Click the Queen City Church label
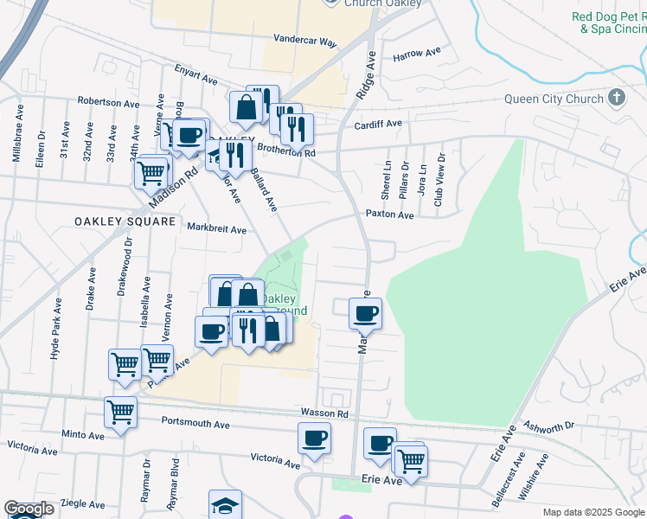click(x=554, y=99)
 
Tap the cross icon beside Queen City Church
click(x=616, y=97)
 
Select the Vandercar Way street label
click(x=304, y=40)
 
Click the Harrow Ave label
click(x=417, y=54)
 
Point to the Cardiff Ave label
click(x=379, y=125)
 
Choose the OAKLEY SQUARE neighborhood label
click(x=113, y=221)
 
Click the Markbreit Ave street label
click(x=217, y=229)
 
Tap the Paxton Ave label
click(x=389, y=214)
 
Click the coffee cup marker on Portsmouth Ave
click(x=314, y=438)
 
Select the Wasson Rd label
click(x=324, y=413)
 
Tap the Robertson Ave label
click(x=108, y=102)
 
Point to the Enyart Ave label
click(x=196, y=74)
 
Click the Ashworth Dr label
click(x=554, y=426)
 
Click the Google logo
click(x=29, y=509)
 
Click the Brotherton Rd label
click(x=291, y=152)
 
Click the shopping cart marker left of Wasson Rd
click(x=120, y=412)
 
